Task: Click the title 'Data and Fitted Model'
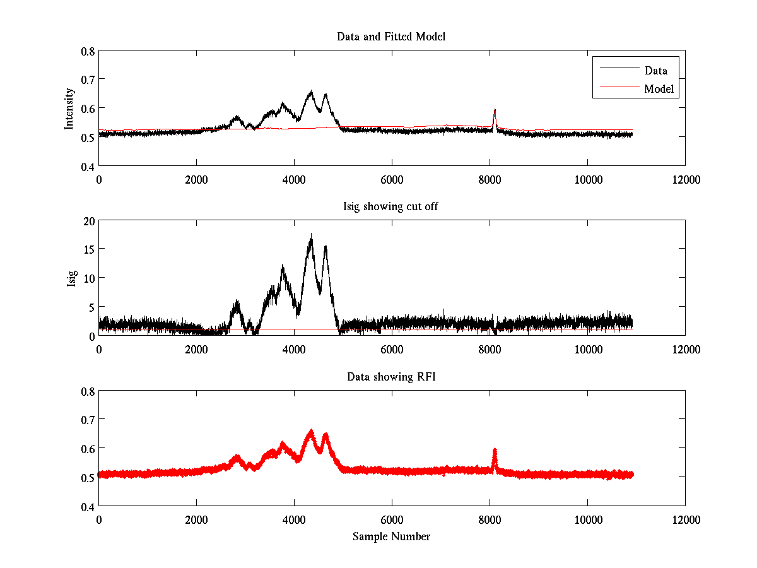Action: coord(391,37)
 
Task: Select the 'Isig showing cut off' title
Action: coord(391,207)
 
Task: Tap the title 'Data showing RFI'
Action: coord(391,377)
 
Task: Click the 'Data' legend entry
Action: coord(655,70)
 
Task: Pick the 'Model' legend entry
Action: coord(659,89)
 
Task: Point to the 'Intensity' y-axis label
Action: coord(70,108)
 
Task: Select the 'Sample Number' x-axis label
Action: coord(391,536)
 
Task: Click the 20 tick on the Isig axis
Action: coord(88,220)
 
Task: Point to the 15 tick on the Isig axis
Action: coord(88,249)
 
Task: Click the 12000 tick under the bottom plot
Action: coord(685,519)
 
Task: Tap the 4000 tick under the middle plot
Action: coord(294,349)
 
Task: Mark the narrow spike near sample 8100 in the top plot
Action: coord(495,111)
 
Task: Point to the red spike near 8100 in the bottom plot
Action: coord(495,451)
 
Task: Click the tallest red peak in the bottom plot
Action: coord(311,432)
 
